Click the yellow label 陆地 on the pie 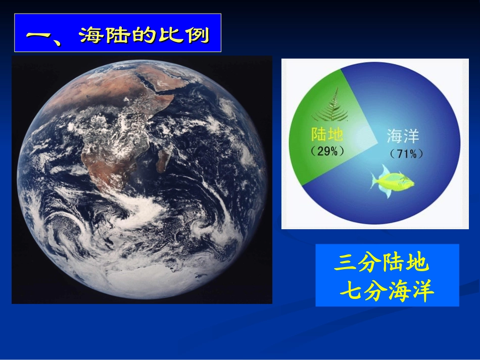[x=327, y=134]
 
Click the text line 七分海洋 [x=387, y=291]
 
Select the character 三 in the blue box [x=345, y=263]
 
